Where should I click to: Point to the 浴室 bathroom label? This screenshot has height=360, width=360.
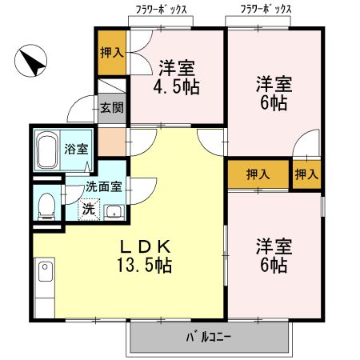[74, 149]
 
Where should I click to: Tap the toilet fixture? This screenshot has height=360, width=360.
[46, 206]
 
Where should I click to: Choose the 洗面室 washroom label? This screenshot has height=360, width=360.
[103, 186]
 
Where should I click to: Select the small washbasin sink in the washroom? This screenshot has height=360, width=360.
[113, 211]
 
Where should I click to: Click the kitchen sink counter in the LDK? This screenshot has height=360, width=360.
[43, 287]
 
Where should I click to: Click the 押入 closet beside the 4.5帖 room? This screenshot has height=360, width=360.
[112, 53]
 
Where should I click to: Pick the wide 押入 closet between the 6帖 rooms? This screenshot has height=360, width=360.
[257, 174]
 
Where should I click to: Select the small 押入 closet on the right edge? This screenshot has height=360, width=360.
[306, 174]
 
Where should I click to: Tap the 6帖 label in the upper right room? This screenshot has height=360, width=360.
[274, 91]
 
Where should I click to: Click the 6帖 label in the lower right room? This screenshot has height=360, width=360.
[272, 254]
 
